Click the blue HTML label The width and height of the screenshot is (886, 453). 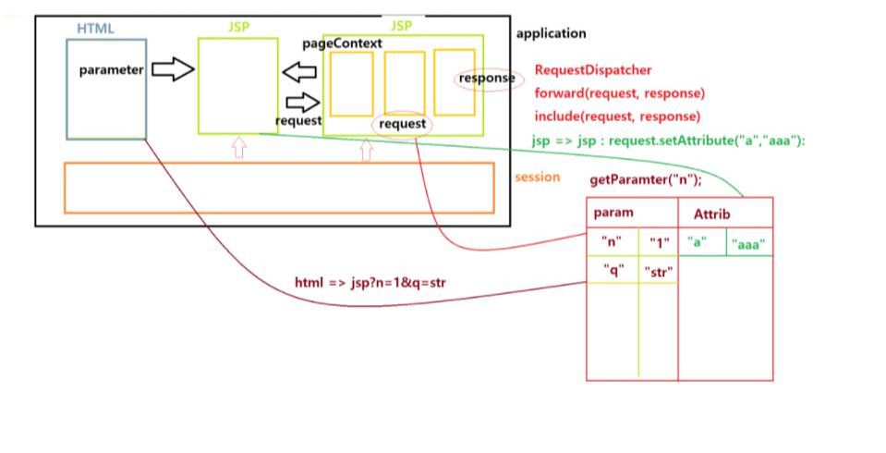tap(96, 29)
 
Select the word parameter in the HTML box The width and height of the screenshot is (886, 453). tap(111, 70)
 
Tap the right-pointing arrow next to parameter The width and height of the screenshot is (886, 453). tap(173, 69)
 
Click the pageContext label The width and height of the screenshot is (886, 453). tap(343, 43)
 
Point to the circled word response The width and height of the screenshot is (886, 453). tap(486, 79)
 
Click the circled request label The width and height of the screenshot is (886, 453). tap(403, 123)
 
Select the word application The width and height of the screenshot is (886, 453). tap(551, 33)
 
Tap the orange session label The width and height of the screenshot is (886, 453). tap(538, 177)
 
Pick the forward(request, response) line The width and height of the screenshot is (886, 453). tap(620, 93)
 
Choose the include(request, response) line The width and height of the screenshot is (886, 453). tap(617, 117)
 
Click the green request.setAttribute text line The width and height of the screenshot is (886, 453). tap(670, 141)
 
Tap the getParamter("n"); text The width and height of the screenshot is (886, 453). tap(646, 180)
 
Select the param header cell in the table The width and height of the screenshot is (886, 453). tap(613, 213)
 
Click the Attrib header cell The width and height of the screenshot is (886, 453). tap(711, 214)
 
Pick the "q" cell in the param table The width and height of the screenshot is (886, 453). tap(613, 271)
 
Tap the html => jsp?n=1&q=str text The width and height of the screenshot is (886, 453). tap(370, 281)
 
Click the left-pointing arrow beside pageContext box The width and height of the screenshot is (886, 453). tap(299, 71)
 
